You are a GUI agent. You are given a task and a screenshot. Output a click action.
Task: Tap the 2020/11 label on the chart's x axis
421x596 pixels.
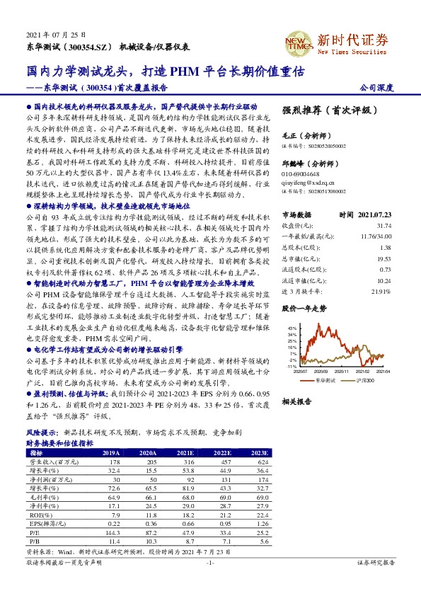coord(343,371)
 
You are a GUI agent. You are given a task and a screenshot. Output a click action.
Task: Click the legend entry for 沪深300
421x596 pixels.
coord(367,380)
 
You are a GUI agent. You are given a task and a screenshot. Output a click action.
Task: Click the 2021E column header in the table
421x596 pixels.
coord(186,453)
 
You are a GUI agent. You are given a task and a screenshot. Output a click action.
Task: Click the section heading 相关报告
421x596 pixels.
coord(296,401)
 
